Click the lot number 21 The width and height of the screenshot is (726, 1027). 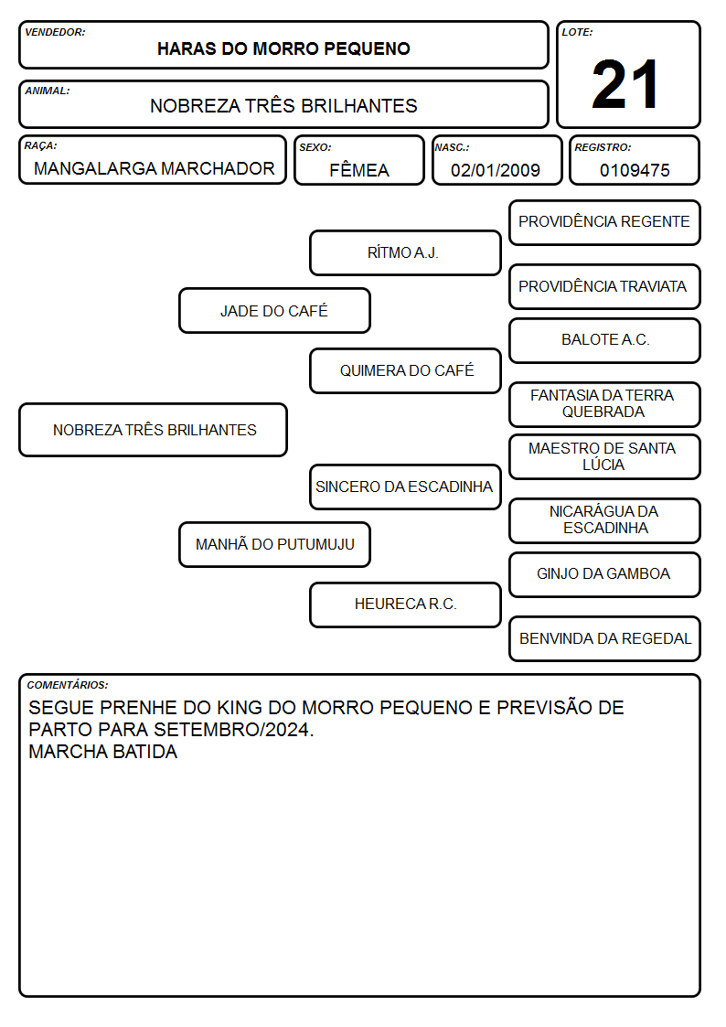(x=625, y=84)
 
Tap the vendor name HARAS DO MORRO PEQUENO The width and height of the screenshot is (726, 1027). (x=283, y=48)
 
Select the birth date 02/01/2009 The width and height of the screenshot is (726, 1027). (x=496, y=170)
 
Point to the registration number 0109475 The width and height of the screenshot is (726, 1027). (x=635, y=170)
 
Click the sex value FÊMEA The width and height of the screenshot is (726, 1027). (x=359, y=169)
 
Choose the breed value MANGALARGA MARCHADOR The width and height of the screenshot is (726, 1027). (x=155, y=168)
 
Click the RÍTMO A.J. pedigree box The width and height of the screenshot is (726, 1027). (x=405, y=252)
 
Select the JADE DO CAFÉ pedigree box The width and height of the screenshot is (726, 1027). (x=274, y=310)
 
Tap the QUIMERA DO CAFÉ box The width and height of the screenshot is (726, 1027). (x=405, y=370)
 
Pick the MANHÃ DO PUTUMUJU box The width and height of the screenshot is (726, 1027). (x=274, y=544)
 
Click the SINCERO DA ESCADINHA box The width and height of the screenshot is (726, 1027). (x=405, y=487)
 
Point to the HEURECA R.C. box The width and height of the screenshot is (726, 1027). (x=405, y=604)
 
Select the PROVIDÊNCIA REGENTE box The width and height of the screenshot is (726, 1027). (x=605, y=223)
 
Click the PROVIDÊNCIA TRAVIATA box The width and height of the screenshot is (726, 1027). (x=605, y=286)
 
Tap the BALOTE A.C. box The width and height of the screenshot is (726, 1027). (x=605, y=340)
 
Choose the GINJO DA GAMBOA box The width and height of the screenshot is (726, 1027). (x=605, y=574)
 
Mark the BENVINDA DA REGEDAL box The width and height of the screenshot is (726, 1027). (x=605, y=638)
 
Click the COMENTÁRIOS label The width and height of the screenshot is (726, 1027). (x=68, y=685)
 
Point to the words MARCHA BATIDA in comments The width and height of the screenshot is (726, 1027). (x=102, y=751)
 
